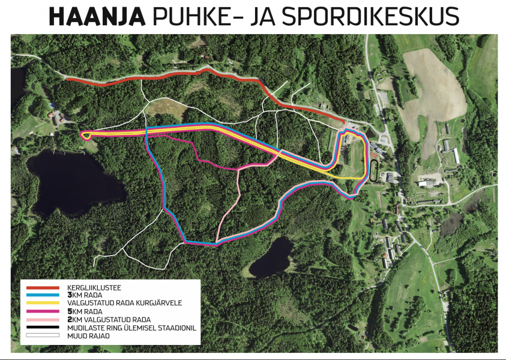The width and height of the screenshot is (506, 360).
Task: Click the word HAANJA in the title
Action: tap(97, 17)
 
